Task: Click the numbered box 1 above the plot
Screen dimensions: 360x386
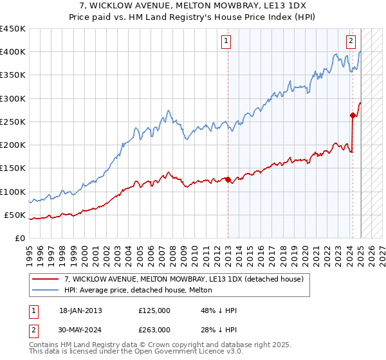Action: coord(227,42)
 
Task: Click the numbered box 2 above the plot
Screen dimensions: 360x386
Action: coord(351,42)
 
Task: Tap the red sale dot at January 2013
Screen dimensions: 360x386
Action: coord(228,180)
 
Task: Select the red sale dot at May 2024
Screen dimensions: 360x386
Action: coord(353,116)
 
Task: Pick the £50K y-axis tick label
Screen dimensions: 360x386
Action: coord(15,215)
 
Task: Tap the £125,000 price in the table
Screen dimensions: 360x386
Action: coord(154,311)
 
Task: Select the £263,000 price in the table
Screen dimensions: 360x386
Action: coord(154,329)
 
